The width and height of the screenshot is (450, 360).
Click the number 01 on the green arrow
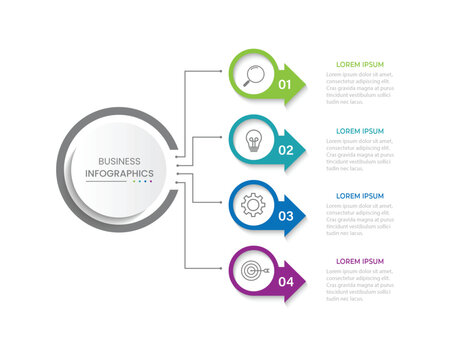[x=285, y=85]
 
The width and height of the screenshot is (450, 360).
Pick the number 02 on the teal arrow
[x=285, y=151]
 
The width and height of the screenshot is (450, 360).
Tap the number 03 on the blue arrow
[x=285, y=216]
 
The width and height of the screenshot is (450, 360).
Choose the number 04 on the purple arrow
[x=285, y=282]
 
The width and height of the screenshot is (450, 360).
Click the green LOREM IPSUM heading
[x=360, y=64]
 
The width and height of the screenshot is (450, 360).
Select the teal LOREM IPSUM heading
[x=360, y=131]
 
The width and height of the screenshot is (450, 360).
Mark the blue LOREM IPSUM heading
[x=360, y=196]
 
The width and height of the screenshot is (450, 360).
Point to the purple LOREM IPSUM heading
[x=360, y=262]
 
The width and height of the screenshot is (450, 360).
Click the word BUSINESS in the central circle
[x=120, y=161]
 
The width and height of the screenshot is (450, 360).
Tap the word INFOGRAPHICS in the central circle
[x=120, y=174]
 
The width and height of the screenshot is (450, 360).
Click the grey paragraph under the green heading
[x=360, y=87]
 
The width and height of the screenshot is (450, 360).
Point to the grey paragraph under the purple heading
[x=360, y=285]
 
